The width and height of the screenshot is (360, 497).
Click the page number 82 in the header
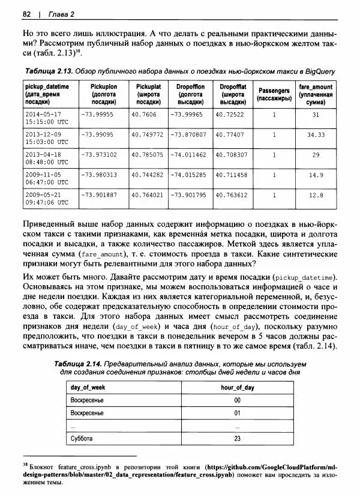point(26,13)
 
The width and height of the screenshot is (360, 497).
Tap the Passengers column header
point(274,94)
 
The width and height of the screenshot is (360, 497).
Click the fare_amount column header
point(315,94)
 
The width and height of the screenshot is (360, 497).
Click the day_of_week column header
point(88,388)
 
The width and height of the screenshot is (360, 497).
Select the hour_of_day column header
point(237,388)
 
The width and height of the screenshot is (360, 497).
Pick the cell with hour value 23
point(237,439)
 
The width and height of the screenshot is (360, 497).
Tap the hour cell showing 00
point(237,400)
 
